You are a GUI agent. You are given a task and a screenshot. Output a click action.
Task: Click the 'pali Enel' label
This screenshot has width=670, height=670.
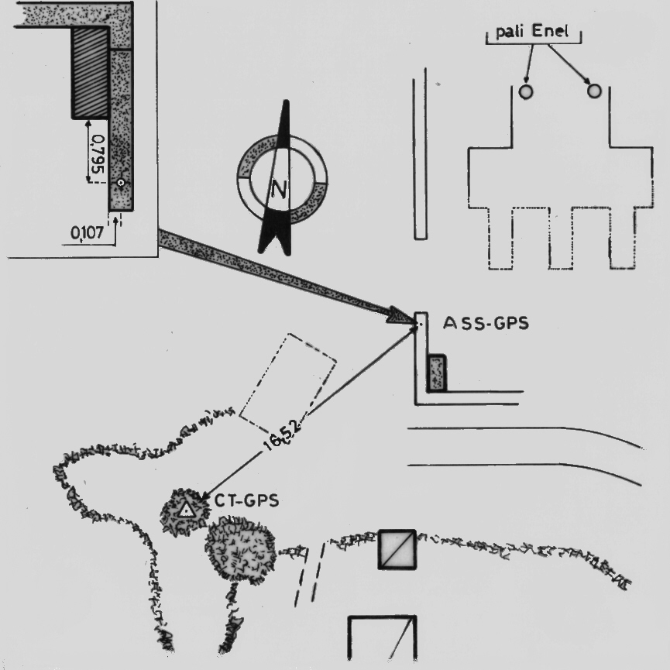(x=532, y=31)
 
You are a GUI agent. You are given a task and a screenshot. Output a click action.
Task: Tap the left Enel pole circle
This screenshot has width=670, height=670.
(x=526, y=91)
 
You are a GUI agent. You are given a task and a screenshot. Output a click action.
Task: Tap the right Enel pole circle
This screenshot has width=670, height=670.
(x=594, y=91)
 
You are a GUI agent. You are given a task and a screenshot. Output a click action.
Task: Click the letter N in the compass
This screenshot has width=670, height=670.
(x=279, y=189)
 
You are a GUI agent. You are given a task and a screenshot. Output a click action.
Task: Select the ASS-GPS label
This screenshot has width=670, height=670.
(x=486, y=323)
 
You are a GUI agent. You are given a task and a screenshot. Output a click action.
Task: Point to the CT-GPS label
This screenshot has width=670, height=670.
(x=246, y=500)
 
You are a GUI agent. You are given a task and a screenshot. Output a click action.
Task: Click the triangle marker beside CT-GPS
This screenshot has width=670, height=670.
(x=186, y=510)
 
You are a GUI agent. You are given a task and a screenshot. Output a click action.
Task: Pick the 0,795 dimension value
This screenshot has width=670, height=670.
(x=98, y=154)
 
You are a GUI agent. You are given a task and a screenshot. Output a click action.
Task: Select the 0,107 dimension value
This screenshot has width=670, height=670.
(x=88, y=233)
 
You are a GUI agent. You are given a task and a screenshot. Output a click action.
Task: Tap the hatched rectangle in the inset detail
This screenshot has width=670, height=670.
(x=89, y=72)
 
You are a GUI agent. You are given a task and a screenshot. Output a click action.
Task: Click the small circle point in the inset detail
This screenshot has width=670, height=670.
(x=121, y=183)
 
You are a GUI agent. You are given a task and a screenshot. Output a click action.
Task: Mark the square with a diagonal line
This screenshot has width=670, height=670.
(x=397, y=549)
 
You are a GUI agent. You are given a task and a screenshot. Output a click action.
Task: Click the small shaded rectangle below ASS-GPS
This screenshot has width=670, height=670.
(x=437, y=373)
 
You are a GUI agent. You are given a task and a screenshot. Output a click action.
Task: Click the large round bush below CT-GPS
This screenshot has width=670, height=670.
(x=240, y=548)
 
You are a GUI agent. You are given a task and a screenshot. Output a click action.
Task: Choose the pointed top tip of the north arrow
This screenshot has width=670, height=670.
(x=287, y=101)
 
